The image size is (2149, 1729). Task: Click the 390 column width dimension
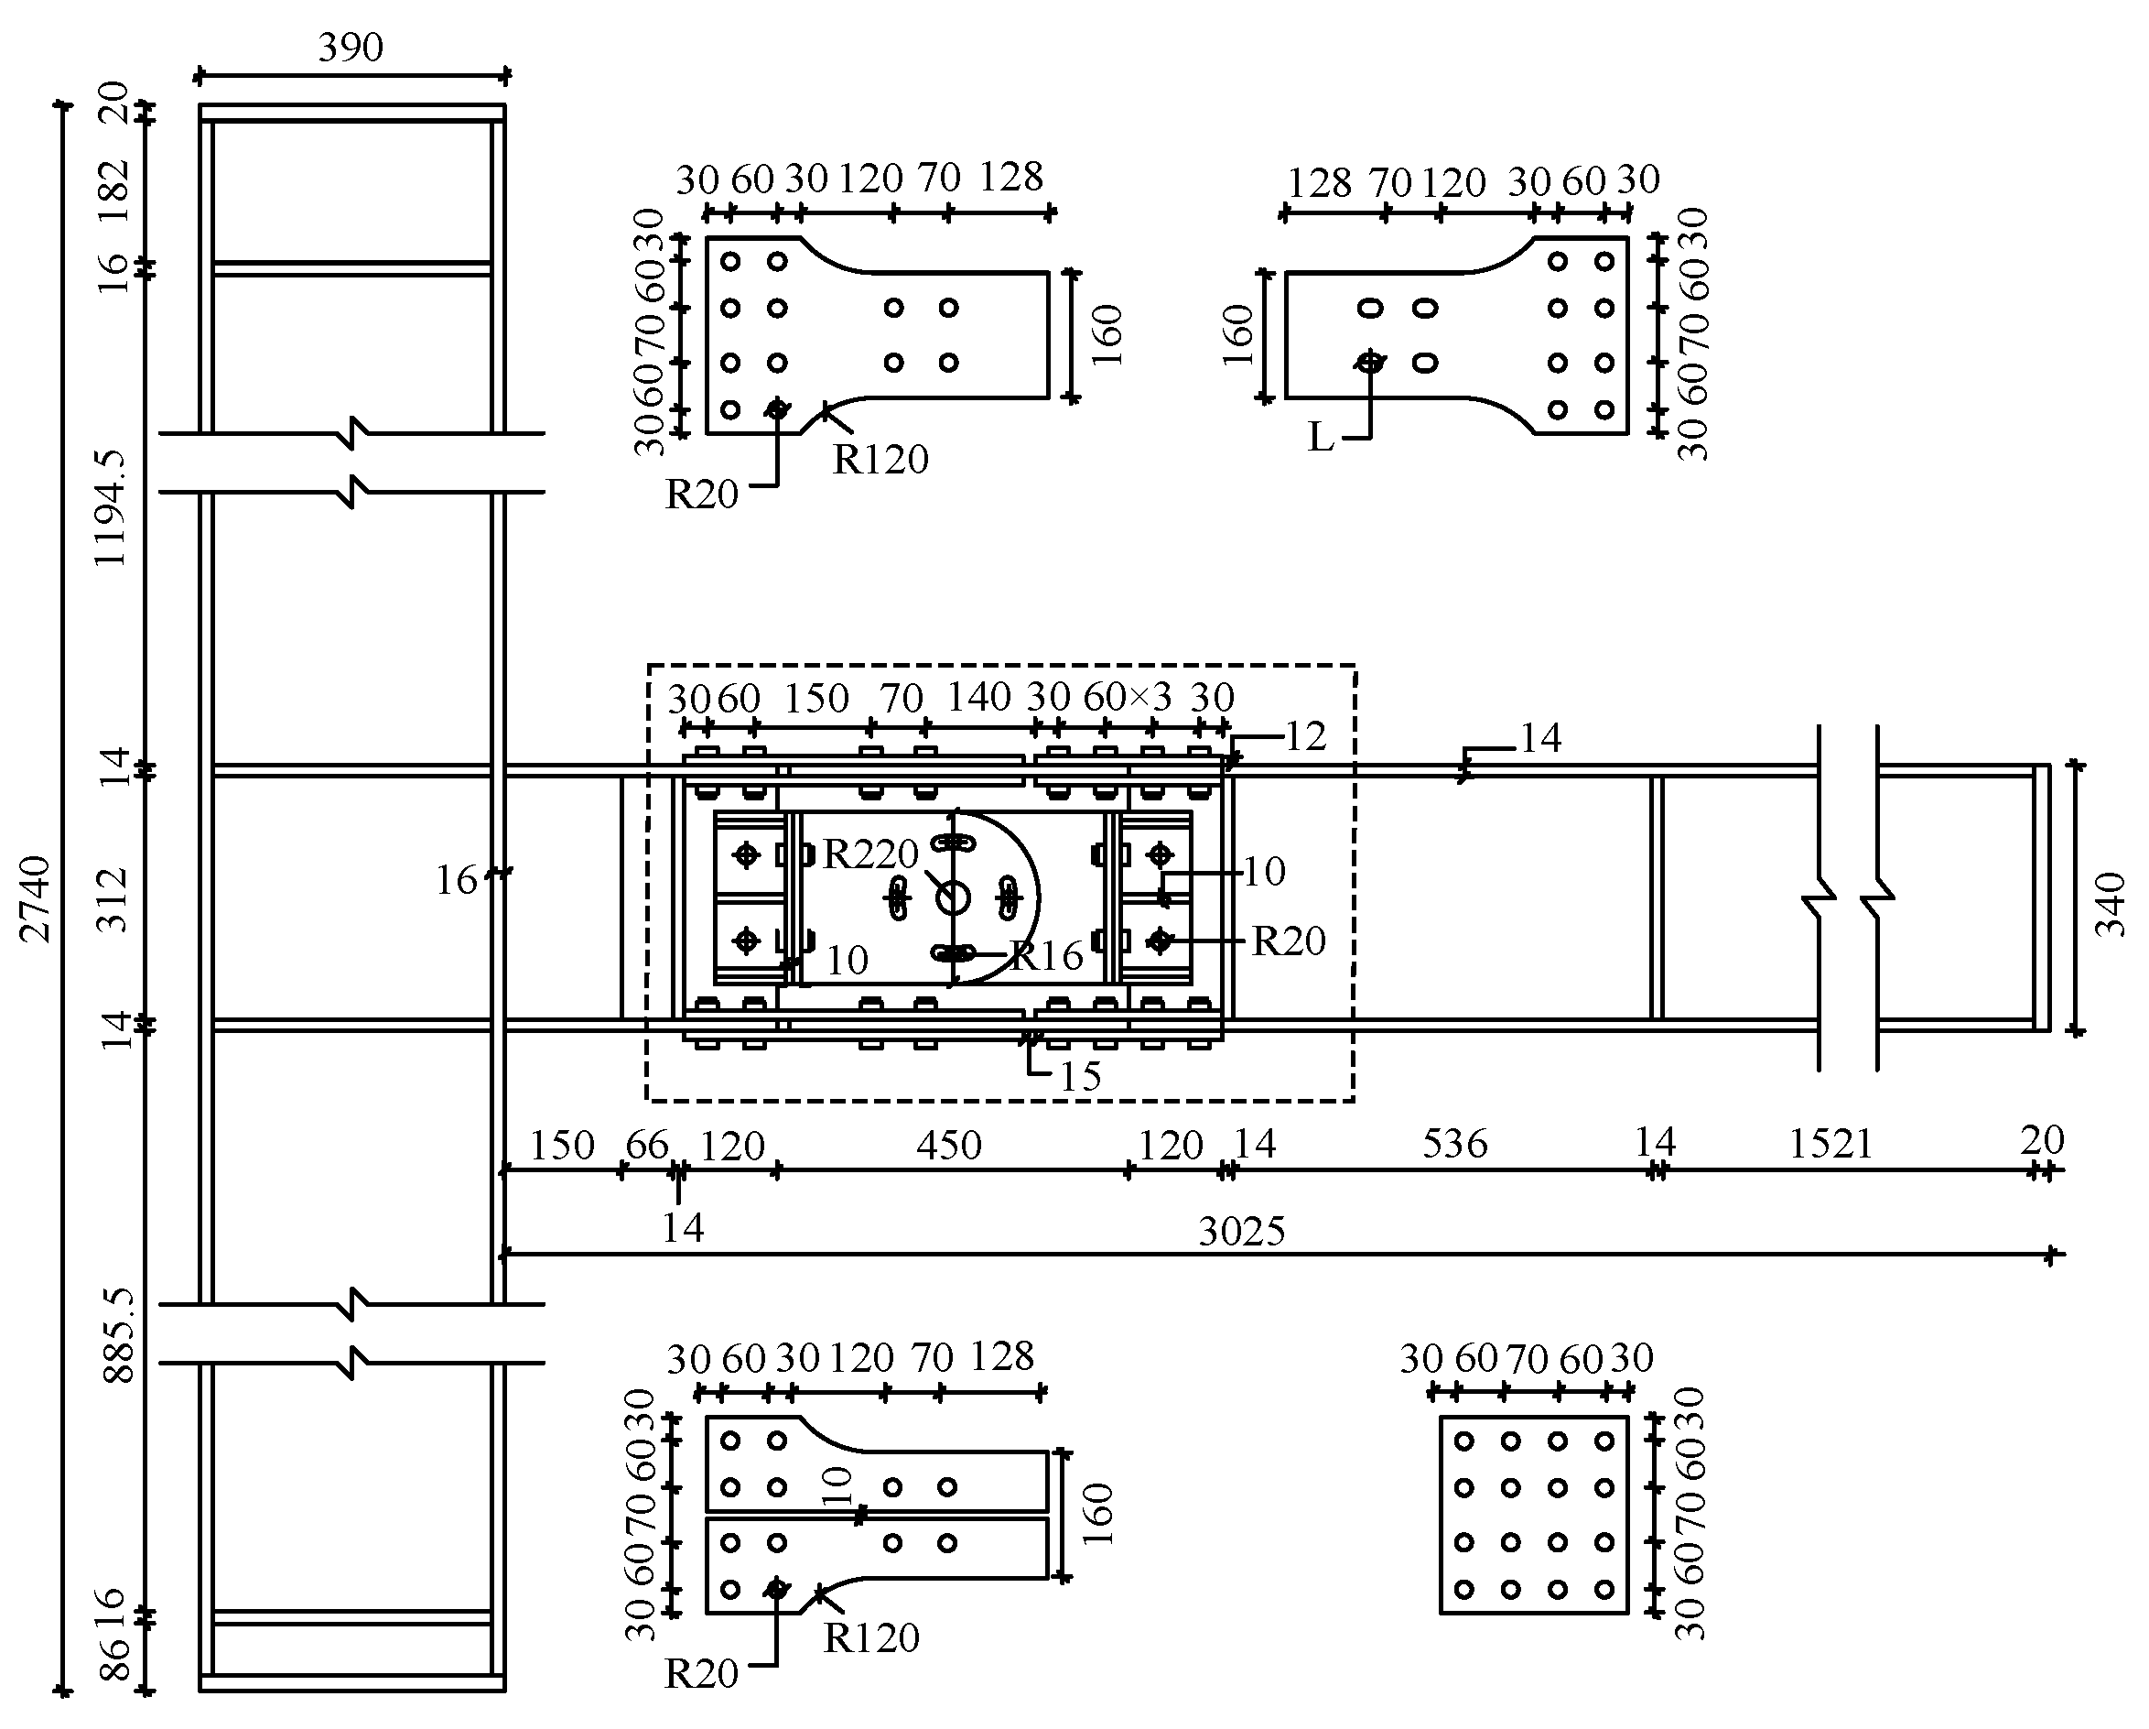click(351, 48)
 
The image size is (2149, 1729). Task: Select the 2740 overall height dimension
click(36, 897)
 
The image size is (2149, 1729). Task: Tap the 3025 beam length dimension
click(1241, 1233)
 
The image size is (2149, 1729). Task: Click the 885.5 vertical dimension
click(119, 1334)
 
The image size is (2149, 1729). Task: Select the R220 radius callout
click(869, 854)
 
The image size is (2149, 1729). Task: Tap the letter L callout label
click(1320, 438)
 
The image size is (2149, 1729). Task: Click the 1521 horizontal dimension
click(1831, 1144)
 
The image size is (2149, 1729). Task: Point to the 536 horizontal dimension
click(1454, 1144)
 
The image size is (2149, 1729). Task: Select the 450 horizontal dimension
click(949, 1145)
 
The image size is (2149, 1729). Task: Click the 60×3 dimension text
click(1128, 697)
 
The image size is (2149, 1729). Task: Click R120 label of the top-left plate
click(880, 460)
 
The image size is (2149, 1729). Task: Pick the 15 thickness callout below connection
click(1079, 1077)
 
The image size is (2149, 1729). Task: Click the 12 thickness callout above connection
click(1306, 737)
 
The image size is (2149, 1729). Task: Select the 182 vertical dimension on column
click(115, 190)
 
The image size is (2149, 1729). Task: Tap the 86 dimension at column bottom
click(115, 1658)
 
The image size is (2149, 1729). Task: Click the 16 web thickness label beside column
click(457, 880)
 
